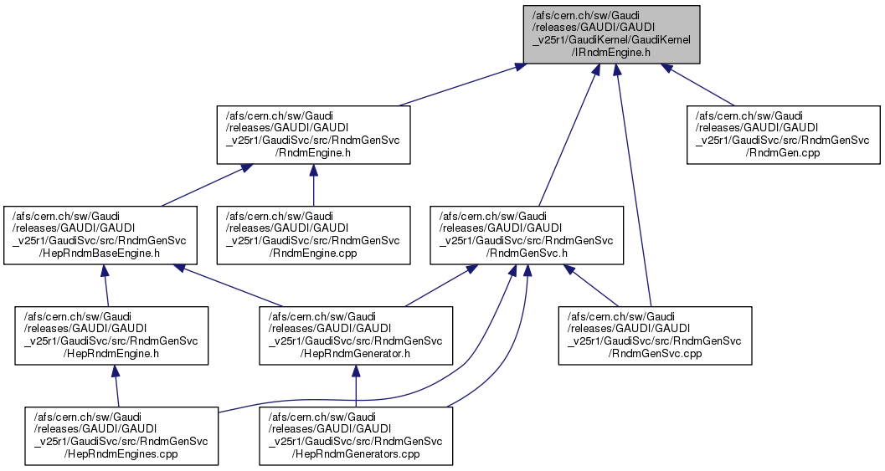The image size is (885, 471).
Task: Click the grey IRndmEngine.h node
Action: (612, 33)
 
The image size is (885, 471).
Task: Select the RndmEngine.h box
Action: (313, 135)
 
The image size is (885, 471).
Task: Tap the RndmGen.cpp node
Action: (784, 135)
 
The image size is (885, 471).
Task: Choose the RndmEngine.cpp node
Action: (313, 235)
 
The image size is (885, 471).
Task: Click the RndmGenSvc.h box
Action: (527, 235)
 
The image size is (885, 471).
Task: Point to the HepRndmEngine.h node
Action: (111, 335)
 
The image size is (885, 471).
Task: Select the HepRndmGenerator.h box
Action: (356, 335)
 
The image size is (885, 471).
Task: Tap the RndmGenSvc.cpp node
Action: (656, 335)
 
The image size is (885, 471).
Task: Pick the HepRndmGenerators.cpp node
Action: (356, 436)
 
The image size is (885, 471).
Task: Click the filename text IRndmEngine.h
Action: (612, 52)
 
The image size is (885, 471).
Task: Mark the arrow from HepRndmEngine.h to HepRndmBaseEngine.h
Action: (105, 285)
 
